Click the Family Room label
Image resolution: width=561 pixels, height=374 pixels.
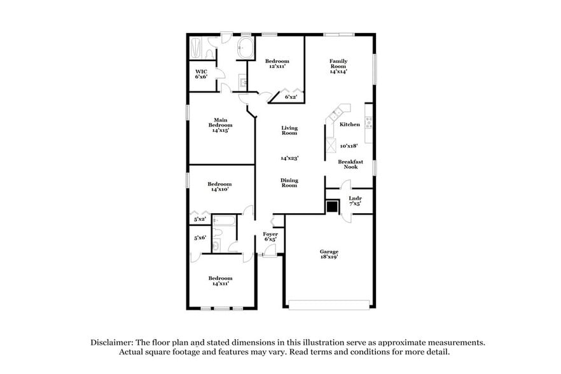(338, 66)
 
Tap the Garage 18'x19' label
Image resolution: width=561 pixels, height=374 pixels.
(328, 255)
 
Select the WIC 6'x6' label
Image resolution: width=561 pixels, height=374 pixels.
(201, 74)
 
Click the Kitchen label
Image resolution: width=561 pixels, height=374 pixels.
(350, 125)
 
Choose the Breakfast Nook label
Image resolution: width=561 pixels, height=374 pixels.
(350, 164)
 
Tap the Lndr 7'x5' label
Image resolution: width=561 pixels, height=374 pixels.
(355, 201)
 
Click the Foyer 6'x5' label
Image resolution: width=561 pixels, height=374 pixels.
(270, 237)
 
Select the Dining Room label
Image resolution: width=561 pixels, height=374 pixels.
(289, 183)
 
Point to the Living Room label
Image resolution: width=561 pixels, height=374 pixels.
(289, 130)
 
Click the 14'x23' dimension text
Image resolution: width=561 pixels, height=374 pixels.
(289, 158)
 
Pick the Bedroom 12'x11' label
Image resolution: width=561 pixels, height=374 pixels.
(277, 64)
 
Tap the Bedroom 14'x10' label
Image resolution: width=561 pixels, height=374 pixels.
(219, 186)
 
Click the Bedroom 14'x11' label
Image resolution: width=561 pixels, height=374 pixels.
(220, 280)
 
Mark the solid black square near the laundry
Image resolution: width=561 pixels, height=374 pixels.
(332, 206)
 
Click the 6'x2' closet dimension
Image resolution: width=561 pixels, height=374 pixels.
(291, 97)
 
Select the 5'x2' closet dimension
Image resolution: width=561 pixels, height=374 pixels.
(200, 219)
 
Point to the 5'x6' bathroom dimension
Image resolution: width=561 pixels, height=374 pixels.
(200, 238)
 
